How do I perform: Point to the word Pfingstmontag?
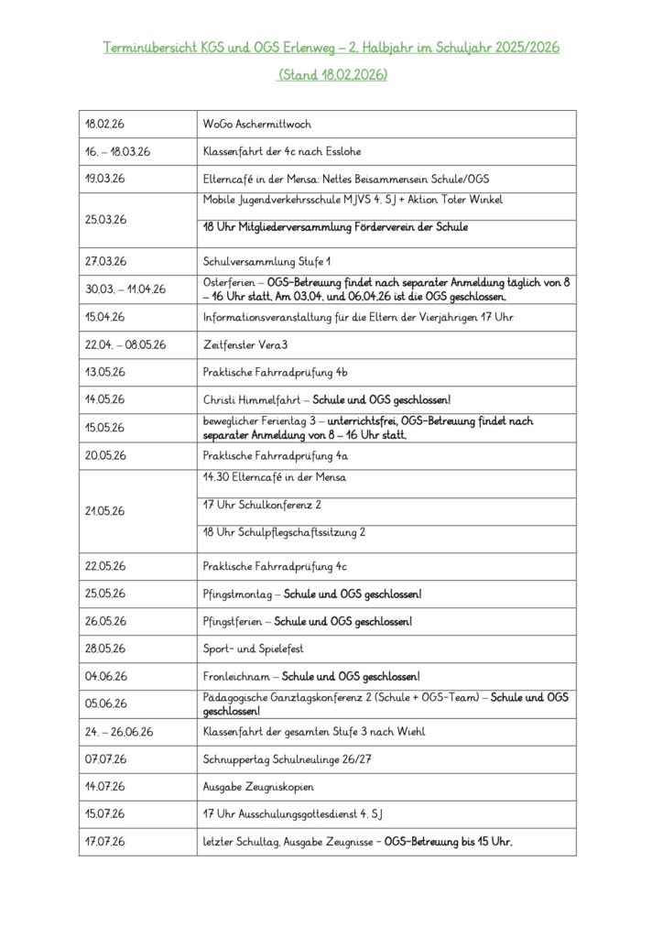(x=237, y=594)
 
